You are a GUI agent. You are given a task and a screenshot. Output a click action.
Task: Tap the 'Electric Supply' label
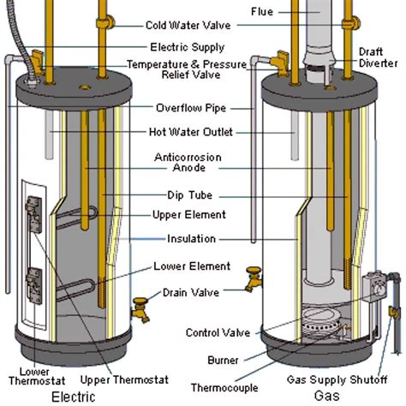point(187,47)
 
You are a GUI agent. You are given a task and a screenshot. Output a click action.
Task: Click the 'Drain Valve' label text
point(194,292)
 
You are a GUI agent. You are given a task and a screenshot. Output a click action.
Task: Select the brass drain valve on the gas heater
point(253,278)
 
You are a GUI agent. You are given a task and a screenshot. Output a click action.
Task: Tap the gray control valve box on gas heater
point(374,287)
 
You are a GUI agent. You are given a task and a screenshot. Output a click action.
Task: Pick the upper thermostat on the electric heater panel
point(34,210)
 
